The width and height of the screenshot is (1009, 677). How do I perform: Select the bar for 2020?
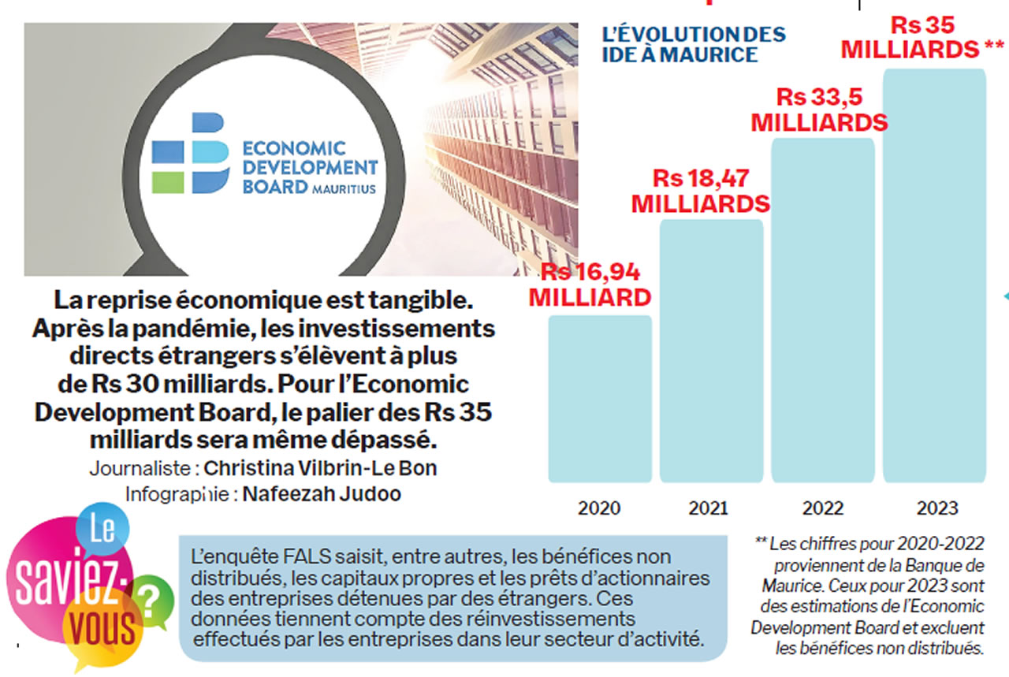[x=600, y=398]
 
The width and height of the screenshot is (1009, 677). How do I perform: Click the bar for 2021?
[x=711, y=351]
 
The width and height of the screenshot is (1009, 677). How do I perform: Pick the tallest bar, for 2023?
[x=935, y=275]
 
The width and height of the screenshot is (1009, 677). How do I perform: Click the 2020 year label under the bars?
[x=599, y=508]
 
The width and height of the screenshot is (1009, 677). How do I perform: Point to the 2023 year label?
[x=936, y=508]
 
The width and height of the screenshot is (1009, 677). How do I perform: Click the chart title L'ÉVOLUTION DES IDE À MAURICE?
[x=693, y=45]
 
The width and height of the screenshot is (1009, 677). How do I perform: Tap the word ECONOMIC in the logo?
[x=295, y=149]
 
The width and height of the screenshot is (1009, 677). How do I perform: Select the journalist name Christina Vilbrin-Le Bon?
[x=320, y=467]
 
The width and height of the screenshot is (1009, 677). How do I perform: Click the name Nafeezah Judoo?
[x=322, y=494]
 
